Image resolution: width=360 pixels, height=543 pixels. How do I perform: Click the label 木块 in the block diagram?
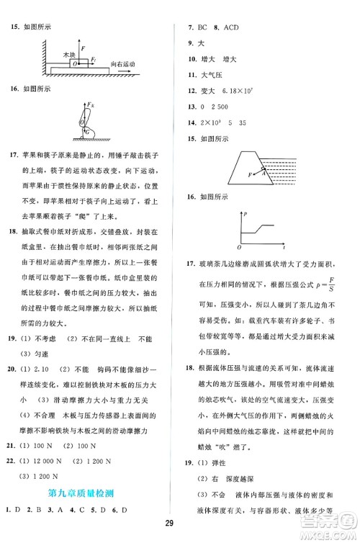pos(70,55)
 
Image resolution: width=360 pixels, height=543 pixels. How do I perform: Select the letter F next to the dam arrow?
pos(250,174)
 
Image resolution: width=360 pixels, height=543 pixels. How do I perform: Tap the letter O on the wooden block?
pos(76,64)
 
